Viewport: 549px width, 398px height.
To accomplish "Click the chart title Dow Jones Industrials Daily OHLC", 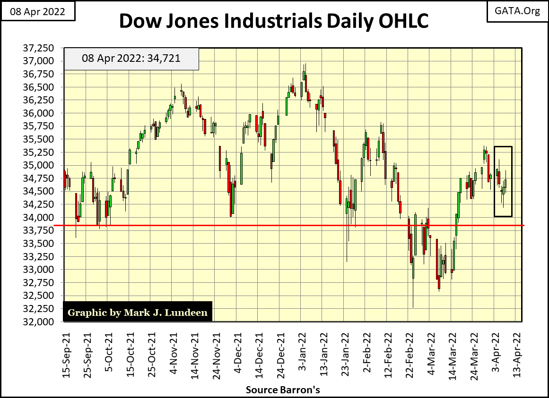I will coord(275,21).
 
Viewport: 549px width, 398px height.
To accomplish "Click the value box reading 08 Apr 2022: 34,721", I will coord(131,59).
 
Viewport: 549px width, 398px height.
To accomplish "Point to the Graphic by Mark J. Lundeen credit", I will coord(138,313).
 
